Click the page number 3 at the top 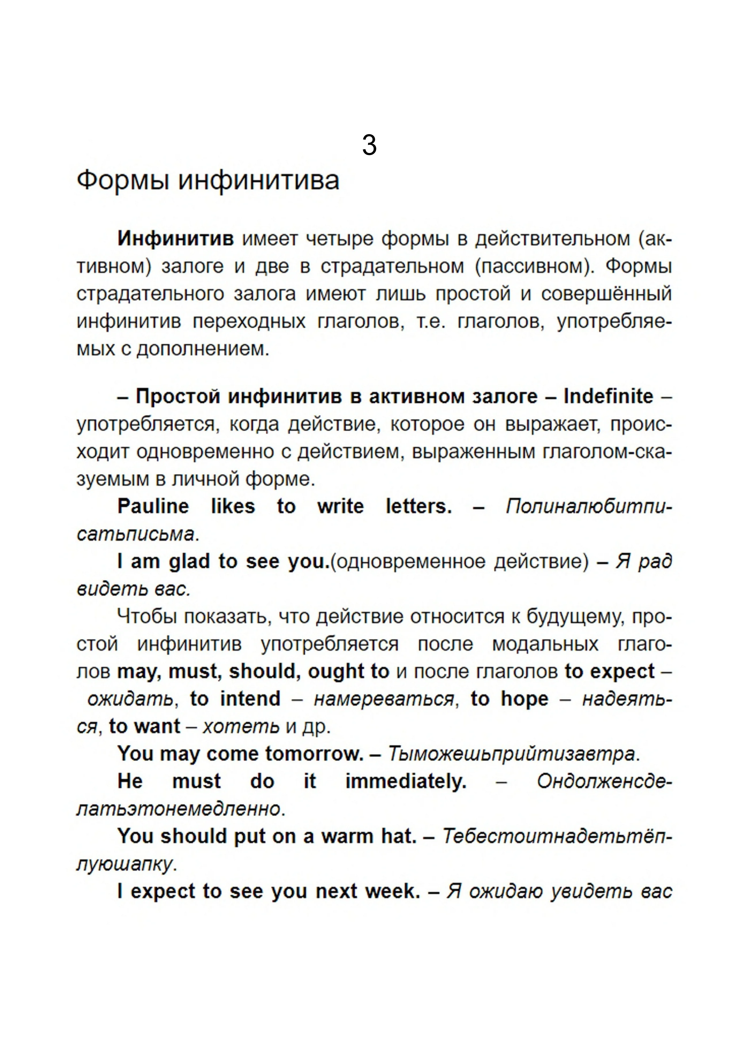369,145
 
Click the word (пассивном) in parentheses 535,266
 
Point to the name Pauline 153,506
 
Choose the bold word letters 418,506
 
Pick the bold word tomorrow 314,754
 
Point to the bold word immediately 406,781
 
